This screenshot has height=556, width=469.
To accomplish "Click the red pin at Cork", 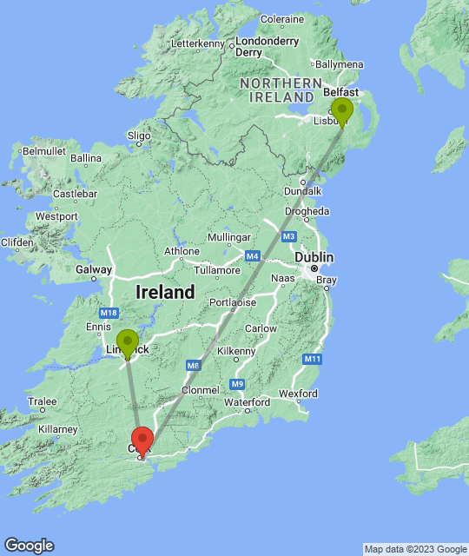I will pos(142,440).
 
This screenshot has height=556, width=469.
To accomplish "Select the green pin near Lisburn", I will pos(342,111).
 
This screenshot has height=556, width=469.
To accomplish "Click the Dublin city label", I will pos(314,258).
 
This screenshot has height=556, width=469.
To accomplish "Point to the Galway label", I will pos(93,269).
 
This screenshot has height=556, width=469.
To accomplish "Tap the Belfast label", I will pos(340,91).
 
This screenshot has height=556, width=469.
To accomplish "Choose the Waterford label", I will pos(247,402).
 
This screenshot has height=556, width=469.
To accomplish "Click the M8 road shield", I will pos(193,366).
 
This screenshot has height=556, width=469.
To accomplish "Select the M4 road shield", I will pos(253,256).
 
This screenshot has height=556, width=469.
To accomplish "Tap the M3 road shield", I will pos(288,236).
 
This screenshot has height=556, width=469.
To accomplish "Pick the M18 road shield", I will pos(109,313).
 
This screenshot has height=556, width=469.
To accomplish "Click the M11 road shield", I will pos(313,359).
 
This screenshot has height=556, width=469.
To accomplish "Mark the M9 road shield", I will pos(238,384).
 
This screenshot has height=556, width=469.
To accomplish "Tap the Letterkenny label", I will pos(198,43).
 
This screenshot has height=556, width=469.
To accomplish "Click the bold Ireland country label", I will pos(165,293).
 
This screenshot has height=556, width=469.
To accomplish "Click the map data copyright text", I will pos(415,549).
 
